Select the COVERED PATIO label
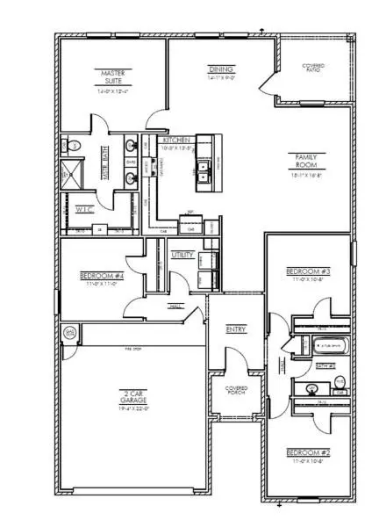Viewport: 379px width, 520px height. point(314,69)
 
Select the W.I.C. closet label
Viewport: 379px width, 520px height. point(84,210)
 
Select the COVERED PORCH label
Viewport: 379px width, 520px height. point(236,390)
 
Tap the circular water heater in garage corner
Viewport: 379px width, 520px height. point(70,332)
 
